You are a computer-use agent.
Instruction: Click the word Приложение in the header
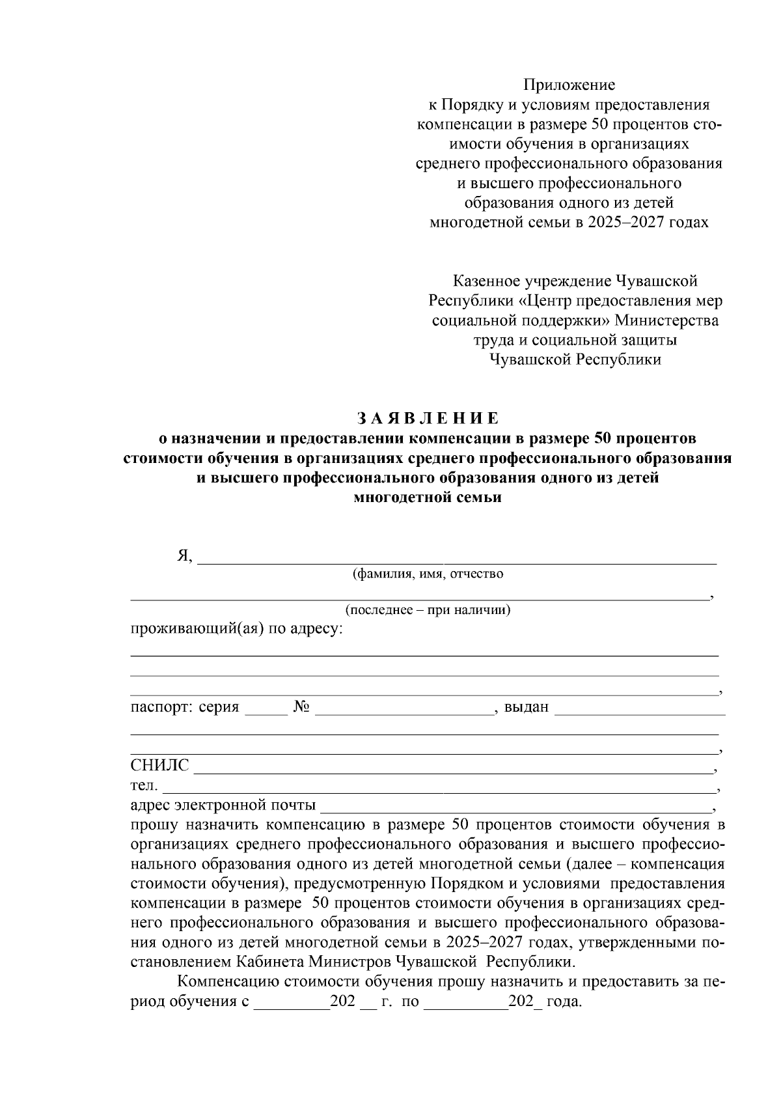pyautogui.click(x=569, y=85)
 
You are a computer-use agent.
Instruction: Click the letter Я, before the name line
pyautogui.click(x=184, y=556)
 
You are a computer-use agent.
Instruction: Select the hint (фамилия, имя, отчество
pyautogui.click(x=428, y=574)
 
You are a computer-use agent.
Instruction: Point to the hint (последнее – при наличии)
pyautogui.click(x=428, y=611)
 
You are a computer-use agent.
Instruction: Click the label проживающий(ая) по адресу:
pyautogui.click(x=237, y=630)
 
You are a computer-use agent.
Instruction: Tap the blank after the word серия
pyautogui.click(x=266, y=708)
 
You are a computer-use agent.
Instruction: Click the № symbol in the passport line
pyautogui.click(x=301, y=707)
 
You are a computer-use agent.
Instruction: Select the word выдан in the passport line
pyautogui.click(x=527, y=707)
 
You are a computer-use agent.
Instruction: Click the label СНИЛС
pyautogui.click(x=159, y=766)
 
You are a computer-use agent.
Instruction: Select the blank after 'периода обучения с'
pyautogui.click(x=292, y=1003)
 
